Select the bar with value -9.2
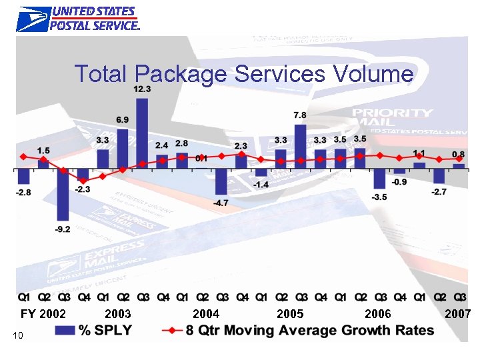(63, 195)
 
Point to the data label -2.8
(23, 193)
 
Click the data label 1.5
(43, 151)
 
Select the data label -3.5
(379, 197)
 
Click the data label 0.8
(459, 155)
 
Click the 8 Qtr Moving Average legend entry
(300, 331)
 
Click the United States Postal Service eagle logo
(33, 19)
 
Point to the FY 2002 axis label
(43, 313)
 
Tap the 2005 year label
(290, 313)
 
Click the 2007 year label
(459, 313)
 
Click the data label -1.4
(261, 184)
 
